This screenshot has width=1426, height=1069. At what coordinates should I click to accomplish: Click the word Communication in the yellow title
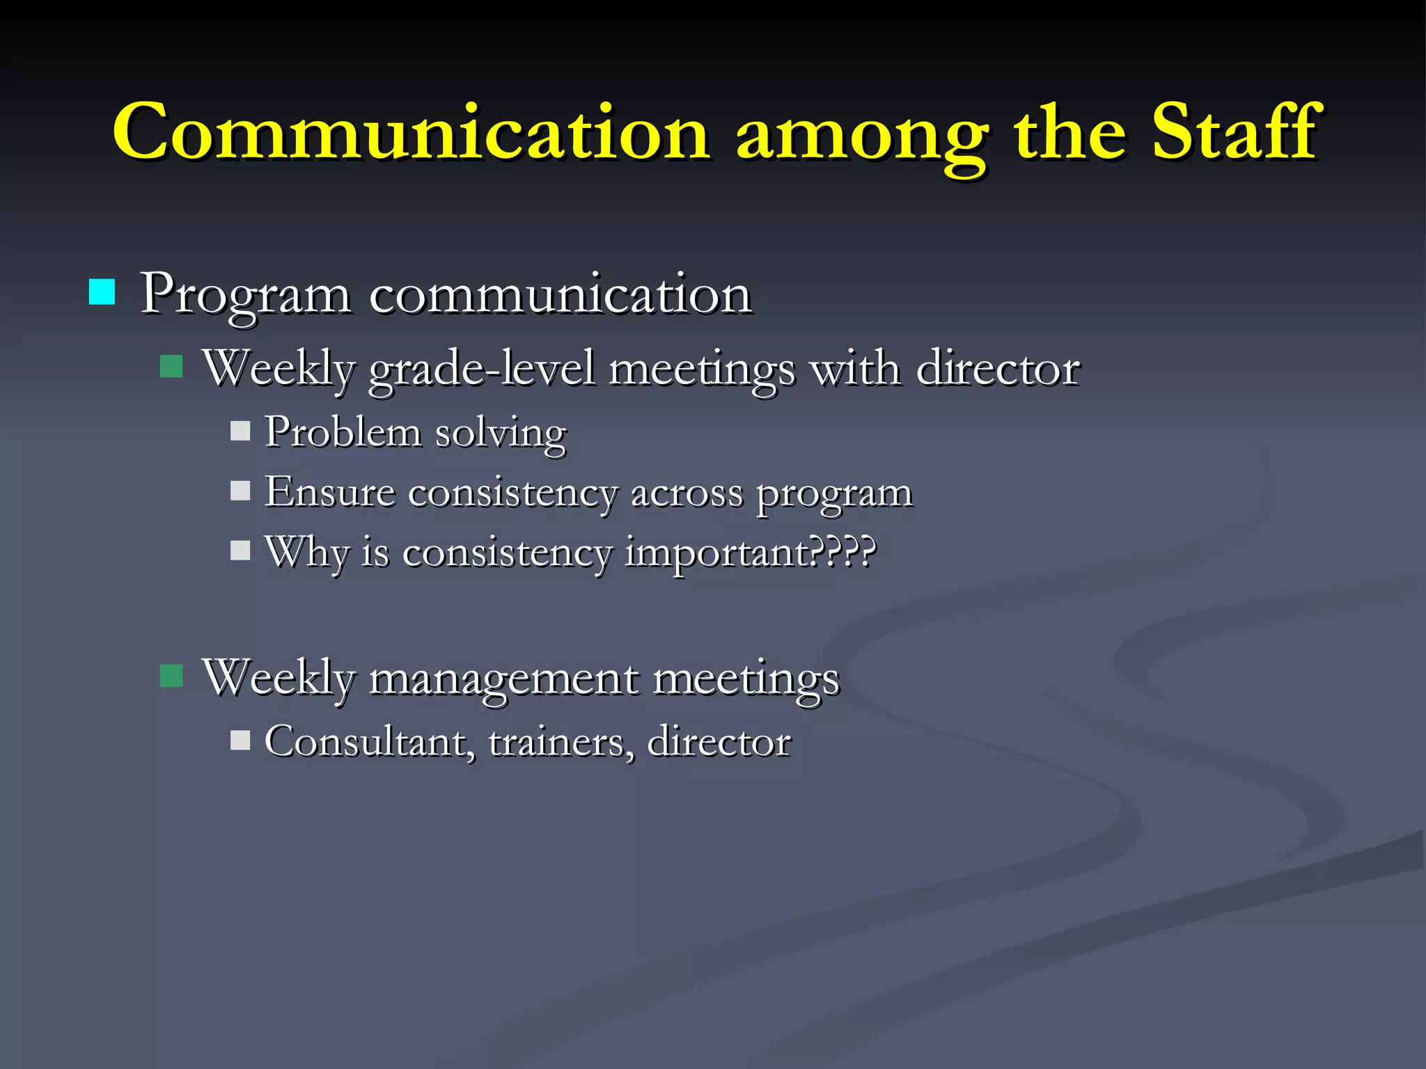tap(411, 132)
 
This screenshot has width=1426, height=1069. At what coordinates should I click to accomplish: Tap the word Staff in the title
tap(1233, 132)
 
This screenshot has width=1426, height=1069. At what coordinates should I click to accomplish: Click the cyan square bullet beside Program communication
tap(102, 292)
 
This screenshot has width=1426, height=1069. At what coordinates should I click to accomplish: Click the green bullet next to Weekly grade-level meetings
tap(171, 366)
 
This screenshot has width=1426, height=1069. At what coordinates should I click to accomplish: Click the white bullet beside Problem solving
tap(240, 431)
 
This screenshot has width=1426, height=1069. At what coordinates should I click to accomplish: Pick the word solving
tap(501, 434)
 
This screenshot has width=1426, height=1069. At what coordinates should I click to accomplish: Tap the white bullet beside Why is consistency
tap(240, 551)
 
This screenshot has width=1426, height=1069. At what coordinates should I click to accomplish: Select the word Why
tap(306, 554)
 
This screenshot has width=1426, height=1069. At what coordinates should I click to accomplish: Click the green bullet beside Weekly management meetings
tap(171, 675)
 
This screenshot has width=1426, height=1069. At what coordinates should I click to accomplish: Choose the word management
tap(503, 679)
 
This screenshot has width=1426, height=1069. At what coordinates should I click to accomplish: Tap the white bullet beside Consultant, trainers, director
tap(240, 739)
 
